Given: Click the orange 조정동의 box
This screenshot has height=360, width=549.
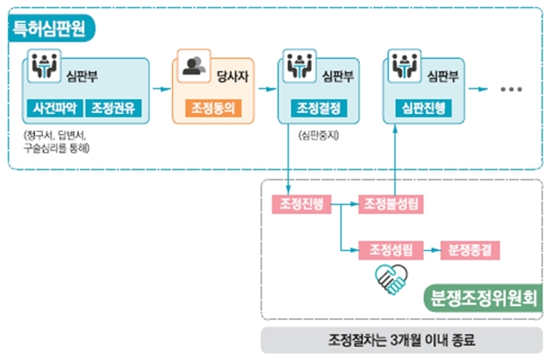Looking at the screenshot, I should click(212, 109).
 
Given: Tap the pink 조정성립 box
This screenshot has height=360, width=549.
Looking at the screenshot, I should click(391, 249).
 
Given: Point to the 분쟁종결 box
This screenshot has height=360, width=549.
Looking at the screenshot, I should click(470, 249).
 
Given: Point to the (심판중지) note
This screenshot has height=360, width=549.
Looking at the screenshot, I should click(318, 134).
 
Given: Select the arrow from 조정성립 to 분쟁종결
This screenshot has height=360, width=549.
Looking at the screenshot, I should click(430, 249).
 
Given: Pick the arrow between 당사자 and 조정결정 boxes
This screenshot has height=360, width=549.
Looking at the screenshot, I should click(266, 90).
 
